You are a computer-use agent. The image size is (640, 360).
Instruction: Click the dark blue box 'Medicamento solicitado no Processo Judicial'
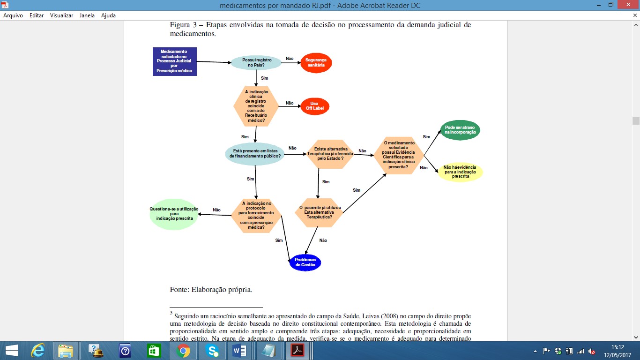tap(175, 61)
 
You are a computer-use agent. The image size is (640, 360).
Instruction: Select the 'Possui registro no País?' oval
tap(256, 63)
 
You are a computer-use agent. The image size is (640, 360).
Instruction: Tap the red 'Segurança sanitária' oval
tap(316, 63)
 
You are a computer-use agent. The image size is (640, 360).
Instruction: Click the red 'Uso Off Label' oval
tap(314, 106)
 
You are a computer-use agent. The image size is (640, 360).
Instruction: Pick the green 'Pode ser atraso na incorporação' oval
tap(460, 130)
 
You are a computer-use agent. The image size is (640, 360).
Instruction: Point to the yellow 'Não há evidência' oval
tap(460, 172)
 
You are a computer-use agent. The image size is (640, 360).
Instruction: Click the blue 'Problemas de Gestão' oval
tap(305, 262)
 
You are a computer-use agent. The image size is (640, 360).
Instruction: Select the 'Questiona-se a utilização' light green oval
tap(174, 214)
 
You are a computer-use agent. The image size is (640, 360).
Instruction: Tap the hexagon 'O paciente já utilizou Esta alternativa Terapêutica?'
tap(319, 212)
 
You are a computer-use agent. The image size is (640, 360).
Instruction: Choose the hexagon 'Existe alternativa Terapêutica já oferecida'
tap(330, 154)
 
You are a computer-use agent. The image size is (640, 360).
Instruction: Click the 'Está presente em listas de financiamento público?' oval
tap(255, 154)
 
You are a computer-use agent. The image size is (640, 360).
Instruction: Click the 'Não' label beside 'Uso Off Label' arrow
tap(290, 103)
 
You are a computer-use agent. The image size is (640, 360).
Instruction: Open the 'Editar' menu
tap(37, 15)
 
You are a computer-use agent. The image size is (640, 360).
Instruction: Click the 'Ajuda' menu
tap(108, 15)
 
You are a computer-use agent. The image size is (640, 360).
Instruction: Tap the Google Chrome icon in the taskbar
tap(183, 351)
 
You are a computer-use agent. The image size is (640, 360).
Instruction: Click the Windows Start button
tap(12, 351)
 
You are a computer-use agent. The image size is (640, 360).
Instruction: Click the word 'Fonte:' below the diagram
tap(179, 289)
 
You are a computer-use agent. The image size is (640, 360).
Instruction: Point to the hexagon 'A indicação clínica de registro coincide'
tap(256, 106)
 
